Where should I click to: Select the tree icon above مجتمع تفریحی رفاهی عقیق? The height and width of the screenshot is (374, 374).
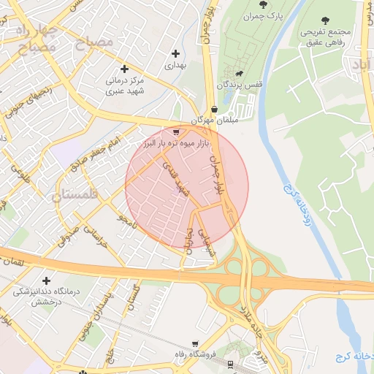[x=325, y=20]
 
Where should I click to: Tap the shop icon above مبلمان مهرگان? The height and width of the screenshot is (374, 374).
[x=212, y=107]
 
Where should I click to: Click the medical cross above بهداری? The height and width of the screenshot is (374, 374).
[x=175, y=53]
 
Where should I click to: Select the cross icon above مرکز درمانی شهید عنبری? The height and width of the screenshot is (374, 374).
[x=125, y=69]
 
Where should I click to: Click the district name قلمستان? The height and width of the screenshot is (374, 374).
[x=76, y=195]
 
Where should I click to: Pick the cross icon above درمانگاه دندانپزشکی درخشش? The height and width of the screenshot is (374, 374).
[x=47, y=280]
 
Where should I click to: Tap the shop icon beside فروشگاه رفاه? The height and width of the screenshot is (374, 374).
[x=194, y=343]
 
